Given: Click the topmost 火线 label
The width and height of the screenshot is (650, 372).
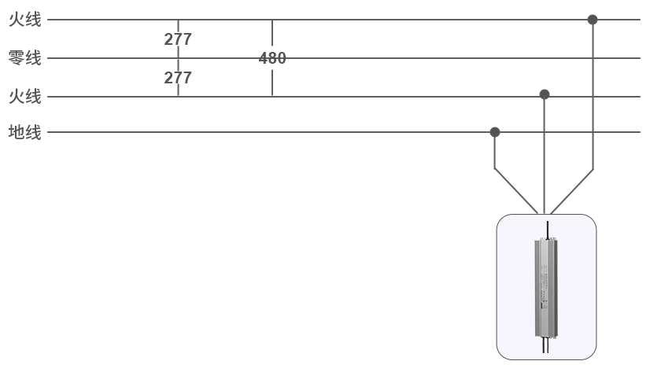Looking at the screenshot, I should (24, 20).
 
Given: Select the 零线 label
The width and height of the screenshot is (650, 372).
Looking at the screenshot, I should (24, 58).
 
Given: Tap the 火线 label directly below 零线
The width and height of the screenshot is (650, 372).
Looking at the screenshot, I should (24, 97).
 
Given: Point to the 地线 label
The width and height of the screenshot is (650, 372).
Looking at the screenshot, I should (24, 132).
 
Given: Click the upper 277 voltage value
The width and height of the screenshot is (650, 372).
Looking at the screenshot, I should (178, 39).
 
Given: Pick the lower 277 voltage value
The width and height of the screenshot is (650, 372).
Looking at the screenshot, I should (178, 78).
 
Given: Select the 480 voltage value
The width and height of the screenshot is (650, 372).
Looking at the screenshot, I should (272, 58).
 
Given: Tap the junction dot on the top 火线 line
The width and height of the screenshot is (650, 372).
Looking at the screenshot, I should (593, 20).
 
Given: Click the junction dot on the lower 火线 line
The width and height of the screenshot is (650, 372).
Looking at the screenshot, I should (545, 94).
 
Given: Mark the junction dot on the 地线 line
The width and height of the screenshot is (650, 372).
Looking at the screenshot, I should (495, 132).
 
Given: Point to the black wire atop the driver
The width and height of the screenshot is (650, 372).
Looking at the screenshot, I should (548, 230).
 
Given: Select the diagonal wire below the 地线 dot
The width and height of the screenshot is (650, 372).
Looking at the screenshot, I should (516, 190).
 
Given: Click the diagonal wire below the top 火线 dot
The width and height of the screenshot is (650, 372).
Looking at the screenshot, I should (572, 190).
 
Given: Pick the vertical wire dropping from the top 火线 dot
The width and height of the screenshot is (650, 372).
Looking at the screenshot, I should (593, 94).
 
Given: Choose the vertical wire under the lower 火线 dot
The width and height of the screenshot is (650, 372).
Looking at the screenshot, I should (545, 153).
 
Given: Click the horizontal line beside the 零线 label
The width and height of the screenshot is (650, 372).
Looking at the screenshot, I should (393, 58).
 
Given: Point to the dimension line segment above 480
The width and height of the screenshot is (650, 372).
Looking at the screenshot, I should (272, 35).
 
